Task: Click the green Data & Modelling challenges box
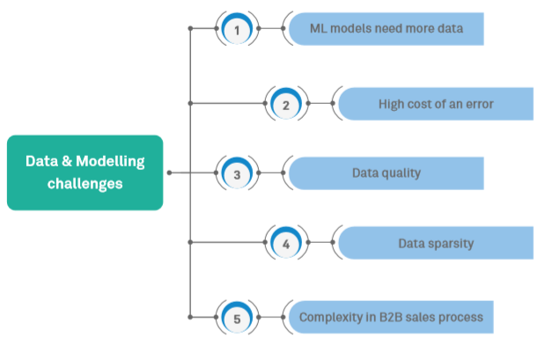click(85, 173)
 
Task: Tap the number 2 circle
click(285, 104)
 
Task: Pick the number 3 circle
click(236, 173)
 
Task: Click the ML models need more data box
click(387, 29)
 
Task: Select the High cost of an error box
click(436, 104)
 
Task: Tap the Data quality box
click(387, 173)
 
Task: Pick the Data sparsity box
click(436, 242)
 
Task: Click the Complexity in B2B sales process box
click(387, 315)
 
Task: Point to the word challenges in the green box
click(85, 184)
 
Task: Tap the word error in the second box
click(476, 104)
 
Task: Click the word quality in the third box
click(402, 173)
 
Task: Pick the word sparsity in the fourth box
click(453, 242)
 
